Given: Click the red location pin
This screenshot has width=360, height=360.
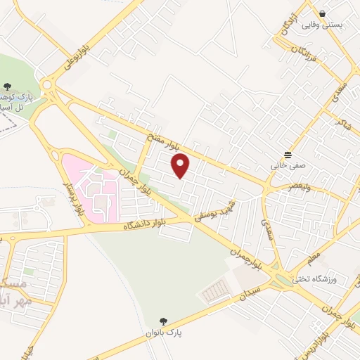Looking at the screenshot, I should (181, 166).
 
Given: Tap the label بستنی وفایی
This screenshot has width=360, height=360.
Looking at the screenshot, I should (323, 24).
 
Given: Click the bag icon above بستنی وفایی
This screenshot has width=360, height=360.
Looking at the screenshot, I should (322, 13).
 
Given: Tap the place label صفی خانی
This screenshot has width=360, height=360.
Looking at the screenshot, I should (285, 167).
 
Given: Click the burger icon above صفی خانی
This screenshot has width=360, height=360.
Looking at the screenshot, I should (288, 155).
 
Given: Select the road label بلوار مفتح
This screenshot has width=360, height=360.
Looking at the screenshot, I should (164, 140).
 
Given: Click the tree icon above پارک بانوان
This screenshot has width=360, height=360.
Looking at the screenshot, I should (164, 320).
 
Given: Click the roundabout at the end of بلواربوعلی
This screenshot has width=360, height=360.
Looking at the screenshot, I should (48, 86).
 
